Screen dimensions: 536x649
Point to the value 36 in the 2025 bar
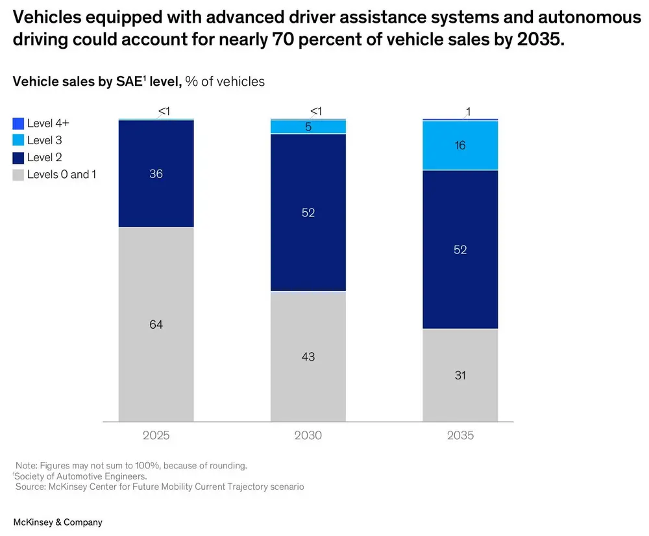[156, 173]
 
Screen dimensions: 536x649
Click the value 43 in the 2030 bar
[308, 357]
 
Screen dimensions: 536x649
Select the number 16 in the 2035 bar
[460, 146]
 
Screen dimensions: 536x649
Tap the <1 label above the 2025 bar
[164, 112]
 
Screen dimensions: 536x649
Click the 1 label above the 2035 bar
[468, 112]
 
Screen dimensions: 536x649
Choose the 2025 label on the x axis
[156, 435]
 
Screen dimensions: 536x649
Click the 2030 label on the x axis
[308, 435]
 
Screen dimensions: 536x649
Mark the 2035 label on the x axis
[460, 435]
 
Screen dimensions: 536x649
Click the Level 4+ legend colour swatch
[18, 123]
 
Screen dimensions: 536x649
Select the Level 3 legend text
[44, 140]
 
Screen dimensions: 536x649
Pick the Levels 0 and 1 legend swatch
[18, 174]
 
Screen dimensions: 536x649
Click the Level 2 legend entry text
[44, 157]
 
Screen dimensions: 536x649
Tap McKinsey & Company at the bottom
[58, 522]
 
